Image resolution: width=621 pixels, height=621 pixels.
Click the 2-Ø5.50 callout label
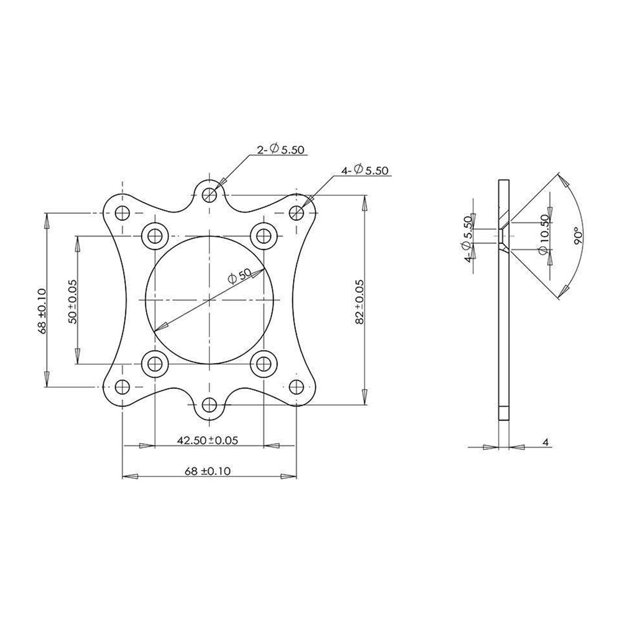coord(281,150)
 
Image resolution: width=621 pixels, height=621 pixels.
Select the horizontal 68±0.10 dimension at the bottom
coord(207,471)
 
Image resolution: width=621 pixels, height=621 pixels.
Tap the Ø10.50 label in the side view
coord(543,234)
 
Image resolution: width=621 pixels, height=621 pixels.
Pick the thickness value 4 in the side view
coord(545,443)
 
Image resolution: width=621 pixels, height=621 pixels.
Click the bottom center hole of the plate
coord(209,405)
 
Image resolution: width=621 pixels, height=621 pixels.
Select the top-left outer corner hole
coord(122,213)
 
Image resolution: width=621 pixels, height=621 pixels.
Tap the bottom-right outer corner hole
coord(296,387)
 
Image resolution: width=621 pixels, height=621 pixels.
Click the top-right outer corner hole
coord(296,213)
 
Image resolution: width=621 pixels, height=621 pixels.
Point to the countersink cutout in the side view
coord(502,235)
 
